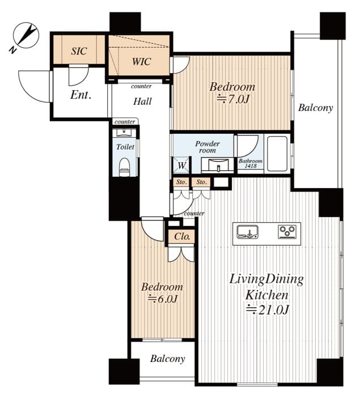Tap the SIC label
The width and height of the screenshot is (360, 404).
(x=79, y=51)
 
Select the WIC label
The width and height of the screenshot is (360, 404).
(x=141, y=62)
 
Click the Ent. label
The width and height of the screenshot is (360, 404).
(x=81, y=95)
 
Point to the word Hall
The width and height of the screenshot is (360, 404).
(x=142, y=101)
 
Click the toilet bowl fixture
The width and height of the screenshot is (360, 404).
(x=125, y=167)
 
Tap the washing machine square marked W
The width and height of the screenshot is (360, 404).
(x=182, y=165)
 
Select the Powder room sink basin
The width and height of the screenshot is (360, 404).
(x=218, y=165)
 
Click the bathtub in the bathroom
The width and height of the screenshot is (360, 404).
(x=277, y=154)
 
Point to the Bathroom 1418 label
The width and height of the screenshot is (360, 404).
(x=250, y=163)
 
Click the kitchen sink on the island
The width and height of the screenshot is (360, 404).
(x=248, y=232)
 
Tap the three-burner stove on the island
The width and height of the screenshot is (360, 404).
(x=287, y=231)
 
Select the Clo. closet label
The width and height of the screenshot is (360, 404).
(x=183, y=236)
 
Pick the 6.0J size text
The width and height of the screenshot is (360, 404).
(x=162, y=299)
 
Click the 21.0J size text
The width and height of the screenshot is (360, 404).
(x=267, y=309)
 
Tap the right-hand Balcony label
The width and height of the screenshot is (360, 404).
(x=316, y=108)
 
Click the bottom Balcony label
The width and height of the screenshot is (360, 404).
(x=168, y=359)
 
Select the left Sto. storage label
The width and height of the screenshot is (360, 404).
(x=181, y=182)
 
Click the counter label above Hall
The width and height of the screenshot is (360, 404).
(x=141, y=86)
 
